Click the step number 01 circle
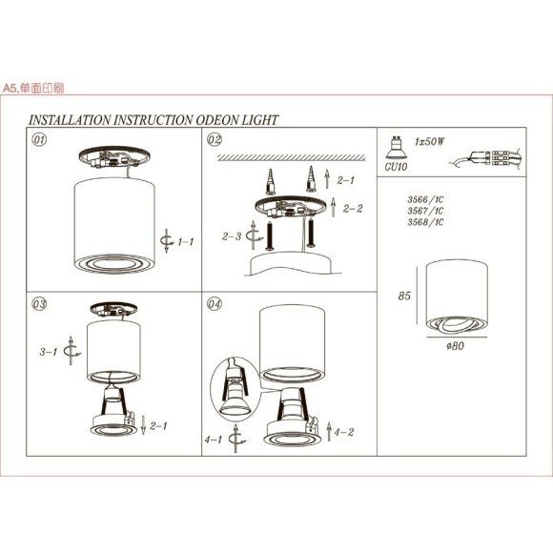click(40, 139)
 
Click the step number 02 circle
click(215, 139)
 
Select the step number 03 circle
click(40, 305)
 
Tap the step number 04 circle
click(215, 305)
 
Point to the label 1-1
click(185, 242)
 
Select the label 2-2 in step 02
click(353, 208)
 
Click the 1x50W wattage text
click(431, 140)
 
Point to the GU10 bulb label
click(395, 165)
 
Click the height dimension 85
click(403, 296)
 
